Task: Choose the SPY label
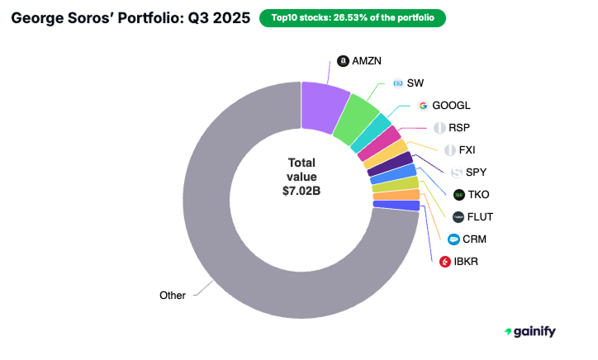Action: (x=477, y=173)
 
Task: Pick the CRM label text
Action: (x=475, y=239)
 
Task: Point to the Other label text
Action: (x=173, y=294)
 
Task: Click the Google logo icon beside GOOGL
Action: (x=423, y=106)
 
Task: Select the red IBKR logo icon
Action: (x=445, y=262)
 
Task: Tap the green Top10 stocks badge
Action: (x=353, y=17)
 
